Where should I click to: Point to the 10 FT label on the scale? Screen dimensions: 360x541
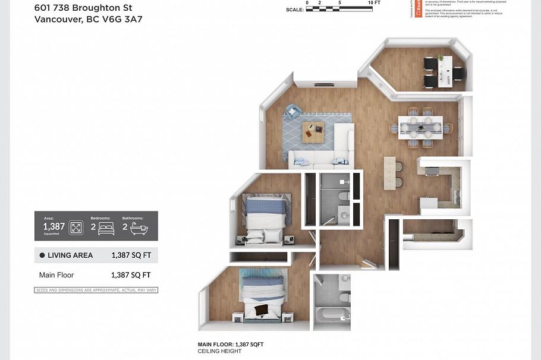point(375,3)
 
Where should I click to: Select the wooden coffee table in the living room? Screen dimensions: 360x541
point(313,131)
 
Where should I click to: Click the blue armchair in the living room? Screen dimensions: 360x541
point(292,111)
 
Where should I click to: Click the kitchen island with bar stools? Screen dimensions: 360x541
point(390,173)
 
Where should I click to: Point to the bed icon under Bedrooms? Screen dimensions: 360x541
point(106,228)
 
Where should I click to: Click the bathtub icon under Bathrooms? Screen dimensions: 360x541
point(140,228)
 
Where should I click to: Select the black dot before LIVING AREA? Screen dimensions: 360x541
point(42,255)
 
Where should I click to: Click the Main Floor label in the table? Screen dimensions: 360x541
point(56,275)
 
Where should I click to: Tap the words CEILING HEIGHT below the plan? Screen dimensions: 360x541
point(219,351)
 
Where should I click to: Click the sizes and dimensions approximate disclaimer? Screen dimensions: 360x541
point(96,290)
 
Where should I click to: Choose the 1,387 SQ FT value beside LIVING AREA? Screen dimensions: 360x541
point(131,255)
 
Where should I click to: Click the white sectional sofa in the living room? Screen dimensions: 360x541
point(330,151)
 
